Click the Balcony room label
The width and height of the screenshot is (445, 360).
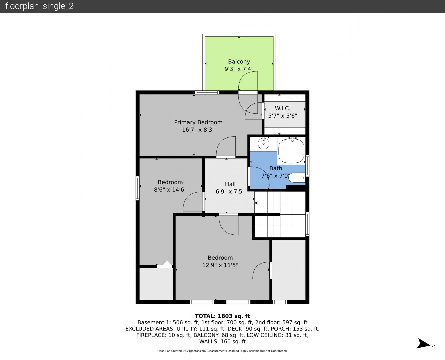(x=239, y=62)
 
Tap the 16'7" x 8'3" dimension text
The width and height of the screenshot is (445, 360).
(x=198, y=130)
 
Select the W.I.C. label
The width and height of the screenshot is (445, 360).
(x=282, y=108)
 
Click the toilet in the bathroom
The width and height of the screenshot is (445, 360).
(x=297, y=178)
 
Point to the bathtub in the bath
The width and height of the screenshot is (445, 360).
(x=291, y=151)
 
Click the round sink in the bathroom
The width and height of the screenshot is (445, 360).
(x=263, y=144)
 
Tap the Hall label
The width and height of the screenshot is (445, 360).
(x=230, y=184)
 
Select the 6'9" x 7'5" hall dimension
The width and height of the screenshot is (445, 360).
(x=230, y=192)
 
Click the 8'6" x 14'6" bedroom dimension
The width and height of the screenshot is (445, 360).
(x=170, y=190)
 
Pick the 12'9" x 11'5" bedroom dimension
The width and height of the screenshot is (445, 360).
(x=220, y=265)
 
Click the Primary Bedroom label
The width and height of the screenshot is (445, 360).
(x=198, y=122)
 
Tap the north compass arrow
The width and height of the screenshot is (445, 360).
(x=423, y=343)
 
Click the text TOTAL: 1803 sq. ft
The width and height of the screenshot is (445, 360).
(x=222, y=316)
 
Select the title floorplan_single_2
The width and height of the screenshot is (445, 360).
(x=39, y=6)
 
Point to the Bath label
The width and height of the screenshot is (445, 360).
(x=276, y=168)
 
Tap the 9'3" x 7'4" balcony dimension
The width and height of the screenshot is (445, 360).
(x=239, y=69)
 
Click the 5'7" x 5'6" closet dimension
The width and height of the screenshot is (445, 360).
(x=282, y=116)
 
